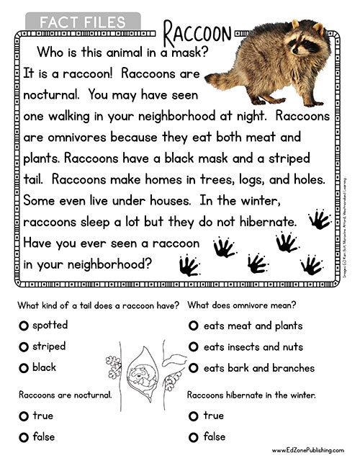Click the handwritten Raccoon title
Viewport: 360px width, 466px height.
pos(197,32)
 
